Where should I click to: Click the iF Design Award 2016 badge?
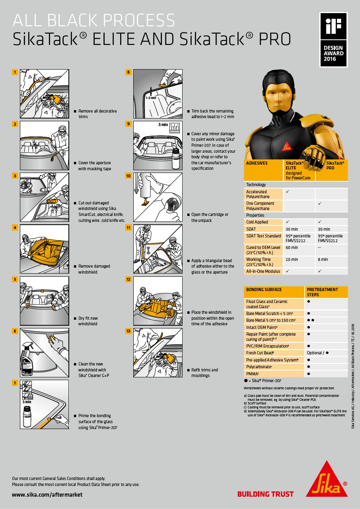click(333, 40)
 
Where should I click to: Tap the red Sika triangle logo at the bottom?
click(327, 479)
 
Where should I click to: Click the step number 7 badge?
click(15, 383)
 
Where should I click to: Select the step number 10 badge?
click(128, 176)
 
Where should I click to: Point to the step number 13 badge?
click(128, 331)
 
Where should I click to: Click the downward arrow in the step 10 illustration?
click(136, 183)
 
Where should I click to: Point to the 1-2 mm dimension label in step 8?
click(151, 98)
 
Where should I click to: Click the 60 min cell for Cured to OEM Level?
click(292, 248)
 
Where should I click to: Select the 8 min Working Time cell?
click(323, 260)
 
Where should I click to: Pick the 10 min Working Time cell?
click(292, 260)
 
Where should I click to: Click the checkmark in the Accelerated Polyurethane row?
click(288, 192)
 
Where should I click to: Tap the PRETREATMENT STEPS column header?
click(322, 292)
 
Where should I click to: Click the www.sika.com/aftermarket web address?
click(47, 494)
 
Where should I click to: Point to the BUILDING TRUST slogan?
click(265, 494)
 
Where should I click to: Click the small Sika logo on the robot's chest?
click(286, 147)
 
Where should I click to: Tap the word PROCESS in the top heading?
click(139, 20)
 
